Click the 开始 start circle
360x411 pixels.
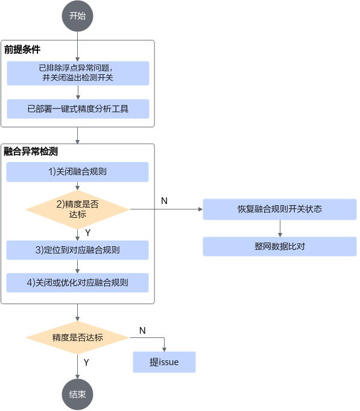point(78,16)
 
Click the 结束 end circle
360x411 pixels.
point(78,395)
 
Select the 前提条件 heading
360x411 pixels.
point(22,49)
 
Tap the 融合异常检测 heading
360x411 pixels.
point(31,151)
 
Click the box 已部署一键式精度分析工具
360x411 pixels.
point(78,109)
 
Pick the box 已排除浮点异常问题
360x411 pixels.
point(78,73)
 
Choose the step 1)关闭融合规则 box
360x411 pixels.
point(78,172)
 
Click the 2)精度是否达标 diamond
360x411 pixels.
point(78,209)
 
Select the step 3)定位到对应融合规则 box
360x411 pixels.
point(78,250)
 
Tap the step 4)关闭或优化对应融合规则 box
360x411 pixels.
point(78,282)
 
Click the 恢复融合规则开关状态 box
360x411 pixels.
point(280,209)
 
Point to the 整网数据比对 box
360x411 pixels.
point(280,246)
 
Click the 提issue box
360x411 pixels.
point(164,362)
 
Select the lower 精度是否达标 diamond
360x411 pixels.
point(78,337)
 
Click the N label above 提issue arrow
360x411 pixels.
point(142,331)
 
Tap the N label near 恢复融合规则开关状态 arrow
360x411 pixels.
point(164,201)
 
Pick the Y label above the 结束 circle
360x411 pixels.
point(86,363)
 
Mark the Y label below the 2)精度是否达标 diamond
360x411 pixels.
point(88,233)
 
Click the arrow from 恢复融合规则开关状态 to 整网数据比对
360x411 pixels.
point(280,228)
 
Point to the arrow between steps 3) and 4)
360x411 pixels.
point(78,267)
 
